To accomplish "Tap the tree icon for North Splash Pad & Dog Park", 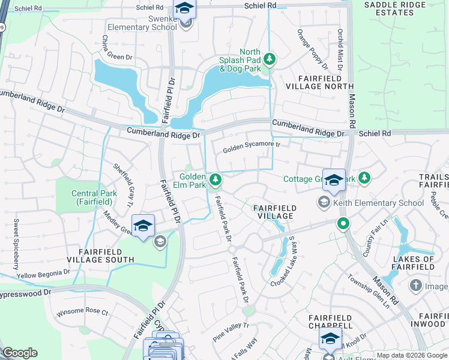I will pyautogui.click(x=270, y=58).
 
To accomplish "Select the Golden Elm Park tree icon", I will pyautogui.click(x=215, y=179).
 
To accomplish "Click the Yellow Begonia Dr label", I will pyautogui.click(x=43, y=274).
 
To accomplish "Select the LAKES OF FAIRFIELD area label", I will pyautogui.click(x=413, y=262).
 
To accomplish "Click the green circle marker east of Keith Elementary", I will pyautogui.click(x=343, y=225).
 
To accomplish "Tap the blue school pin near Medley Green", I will pyautogui.click(x=143, y=226).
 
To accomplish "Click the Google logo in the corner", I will pyautogui.click(x=20, y=353).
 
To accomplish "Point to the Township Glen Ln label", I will pyautogui.click(x=369, y=290).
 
